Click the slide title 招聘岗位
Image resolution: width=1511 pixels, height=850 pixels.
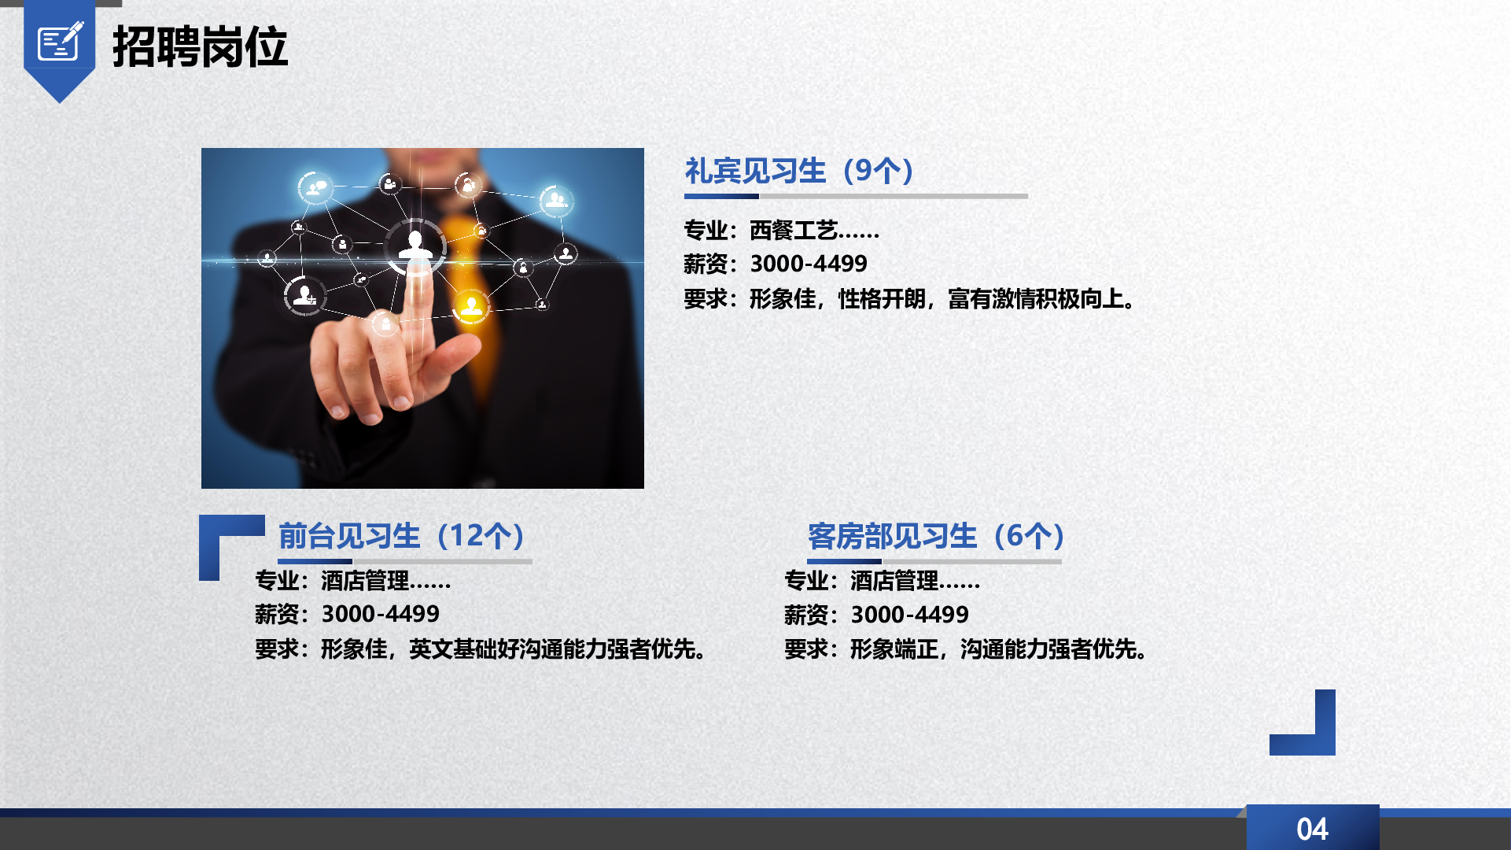coord(201,46)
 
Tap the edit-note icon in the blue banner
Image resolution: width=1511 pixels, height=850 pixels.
coord(61,41)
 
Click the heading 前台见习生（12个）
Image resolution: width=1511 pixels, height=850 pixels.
coord(403,536)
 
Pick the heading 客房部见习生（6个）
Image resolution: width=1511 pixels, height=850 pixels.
coord(937,536)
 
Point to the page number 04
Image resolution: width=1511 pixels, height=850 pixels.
coord(1312,829)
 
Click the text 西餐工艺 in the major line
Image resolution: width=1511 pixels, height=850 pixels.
coord(793,230)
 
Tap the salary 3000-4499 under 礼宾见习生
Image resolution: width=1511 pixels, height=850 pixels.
coord(809,264)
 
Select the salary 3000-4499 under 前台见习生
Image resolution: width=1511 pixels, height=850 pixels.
coord(381,614)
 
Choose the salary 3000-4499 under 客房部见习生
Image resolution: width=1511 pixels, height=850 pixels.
coord(910,614)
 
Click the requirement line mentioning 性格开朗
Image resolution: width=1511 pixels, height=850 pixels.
coord(911,299)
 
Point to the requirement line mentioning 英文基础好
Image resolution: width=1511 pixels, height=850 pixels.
coord(481,649)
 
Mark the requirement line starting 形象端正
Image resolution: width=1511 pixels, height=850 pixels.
coord(967,649)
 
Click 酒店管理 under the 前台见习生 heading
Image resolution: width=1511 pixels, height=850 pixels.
coord(365,581)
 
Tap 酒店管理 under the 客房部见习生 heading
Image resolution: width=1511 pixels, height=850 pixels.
coord(894,581)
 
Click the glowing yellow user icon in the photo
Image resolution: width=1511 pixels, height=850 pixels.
coord(471,305)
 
